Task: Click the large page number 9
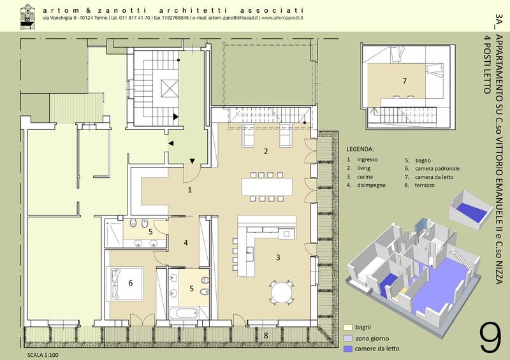coord(490,338)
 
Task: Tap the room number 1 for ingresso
coord(190,190)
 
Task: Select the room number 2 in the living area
coord(266,151)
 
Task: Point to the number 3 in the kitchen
coord(278,257)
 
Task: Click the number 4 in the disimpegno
coord(186,243)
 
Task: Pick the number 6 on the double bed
coord(131,283)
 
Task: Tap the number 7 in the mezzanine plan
coord(405,81)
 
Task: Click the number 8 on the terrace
coord(266,335)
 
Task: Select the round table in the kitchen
coord(282,292)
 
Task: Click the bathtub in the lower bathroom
coord(184,313)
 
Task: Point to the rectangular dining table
coord(267,187)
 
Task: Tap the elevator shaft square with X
coord(170,89)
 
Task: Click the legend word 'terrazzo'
coord(425,185)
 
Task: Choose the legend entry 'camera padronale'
coord(437,168)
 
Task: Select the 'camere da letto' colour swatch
coord(347,349)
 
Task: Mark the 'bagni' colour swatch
coord(347,327)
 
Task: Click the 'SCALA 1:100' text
coord(43,355)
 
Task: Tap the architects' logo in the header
coord(27,16)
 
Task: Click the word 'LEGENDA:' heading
coord(360,149)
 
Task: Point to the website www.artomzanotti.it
coord(282,18)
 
